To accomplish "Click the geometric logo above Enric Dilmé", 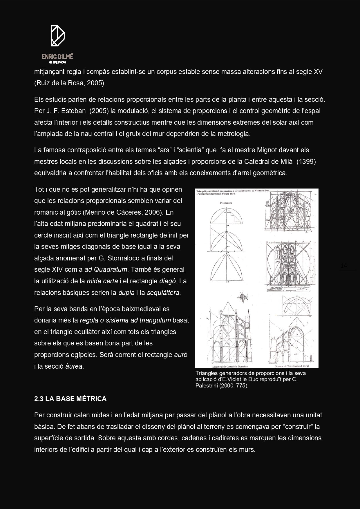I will [57, 36].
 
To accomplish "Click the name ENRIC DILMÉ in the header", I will [57, 57].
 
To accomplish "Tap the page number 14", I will [344, 266].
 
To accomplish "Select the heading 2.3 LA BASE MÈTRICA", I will [70, 399].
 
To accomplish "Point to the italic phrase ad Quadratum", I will [106, 269].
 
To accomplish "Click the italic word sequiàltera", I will [164, 293].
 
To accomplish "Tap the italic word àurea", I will [75, 366].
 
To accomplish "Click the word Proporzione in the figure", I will [226, 203].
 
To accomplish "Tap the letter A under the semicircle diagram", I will [228, 225].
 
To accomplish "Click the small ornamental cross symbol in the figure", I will [243, 297].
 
